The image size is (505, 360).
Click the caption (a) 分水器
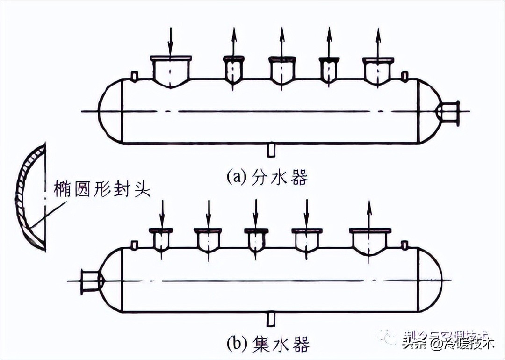[267, 177]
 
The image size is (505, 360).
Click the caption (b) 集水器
[269, 345]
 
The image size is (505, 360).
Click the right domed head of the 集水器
[430, 281]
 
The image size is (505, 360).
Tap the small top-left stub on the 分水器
[134, 75]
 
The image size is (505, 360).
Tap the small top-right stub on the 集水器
[405, 245]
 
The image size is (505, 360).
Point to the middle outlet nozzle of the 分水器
[282, 70]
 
